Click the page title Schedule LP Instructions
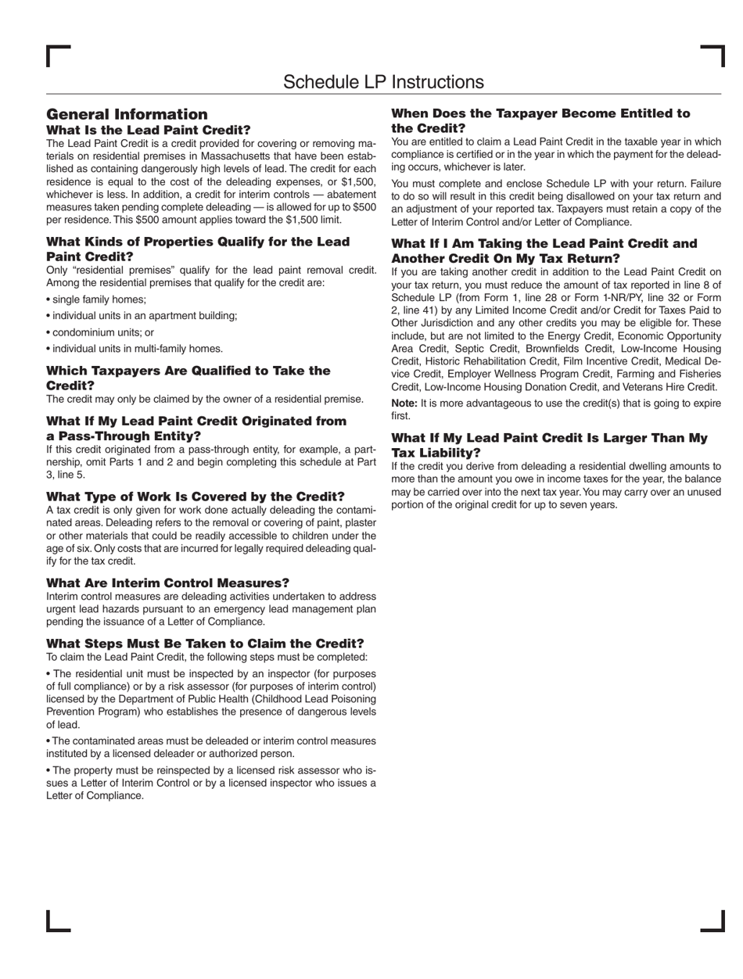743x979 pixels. pyautogui.click(x=383, y=82)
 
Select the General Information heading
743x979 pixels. pyautogui.click(x=127, y=114)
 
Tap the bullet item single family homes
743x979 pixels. pyautogui.click(x=98, y=299)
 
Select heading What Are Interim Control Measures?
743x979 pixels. pyautogui.click(x=168, y=583)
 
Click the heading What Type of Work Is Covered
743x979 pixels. pyautogui.click(x=196, y=497)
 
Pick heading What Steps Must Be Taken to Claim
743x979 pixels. pyautogui.click(x=205, y=644)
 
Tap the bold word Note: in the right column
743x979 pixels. pyautogui.click(x=404, y=403)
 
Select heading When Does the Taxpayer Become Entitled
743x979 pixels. pyautogui.click(x=540, y=120)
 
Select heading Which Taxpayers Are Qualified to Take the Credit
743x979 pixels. pyautogui.click(x=188, y=378)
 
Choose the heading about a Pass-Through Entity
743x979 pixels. pyautogui.click(x=196, y=429)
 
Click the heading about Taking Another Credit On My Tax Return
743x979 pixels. pyautogui.click(x=544, y=251)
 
